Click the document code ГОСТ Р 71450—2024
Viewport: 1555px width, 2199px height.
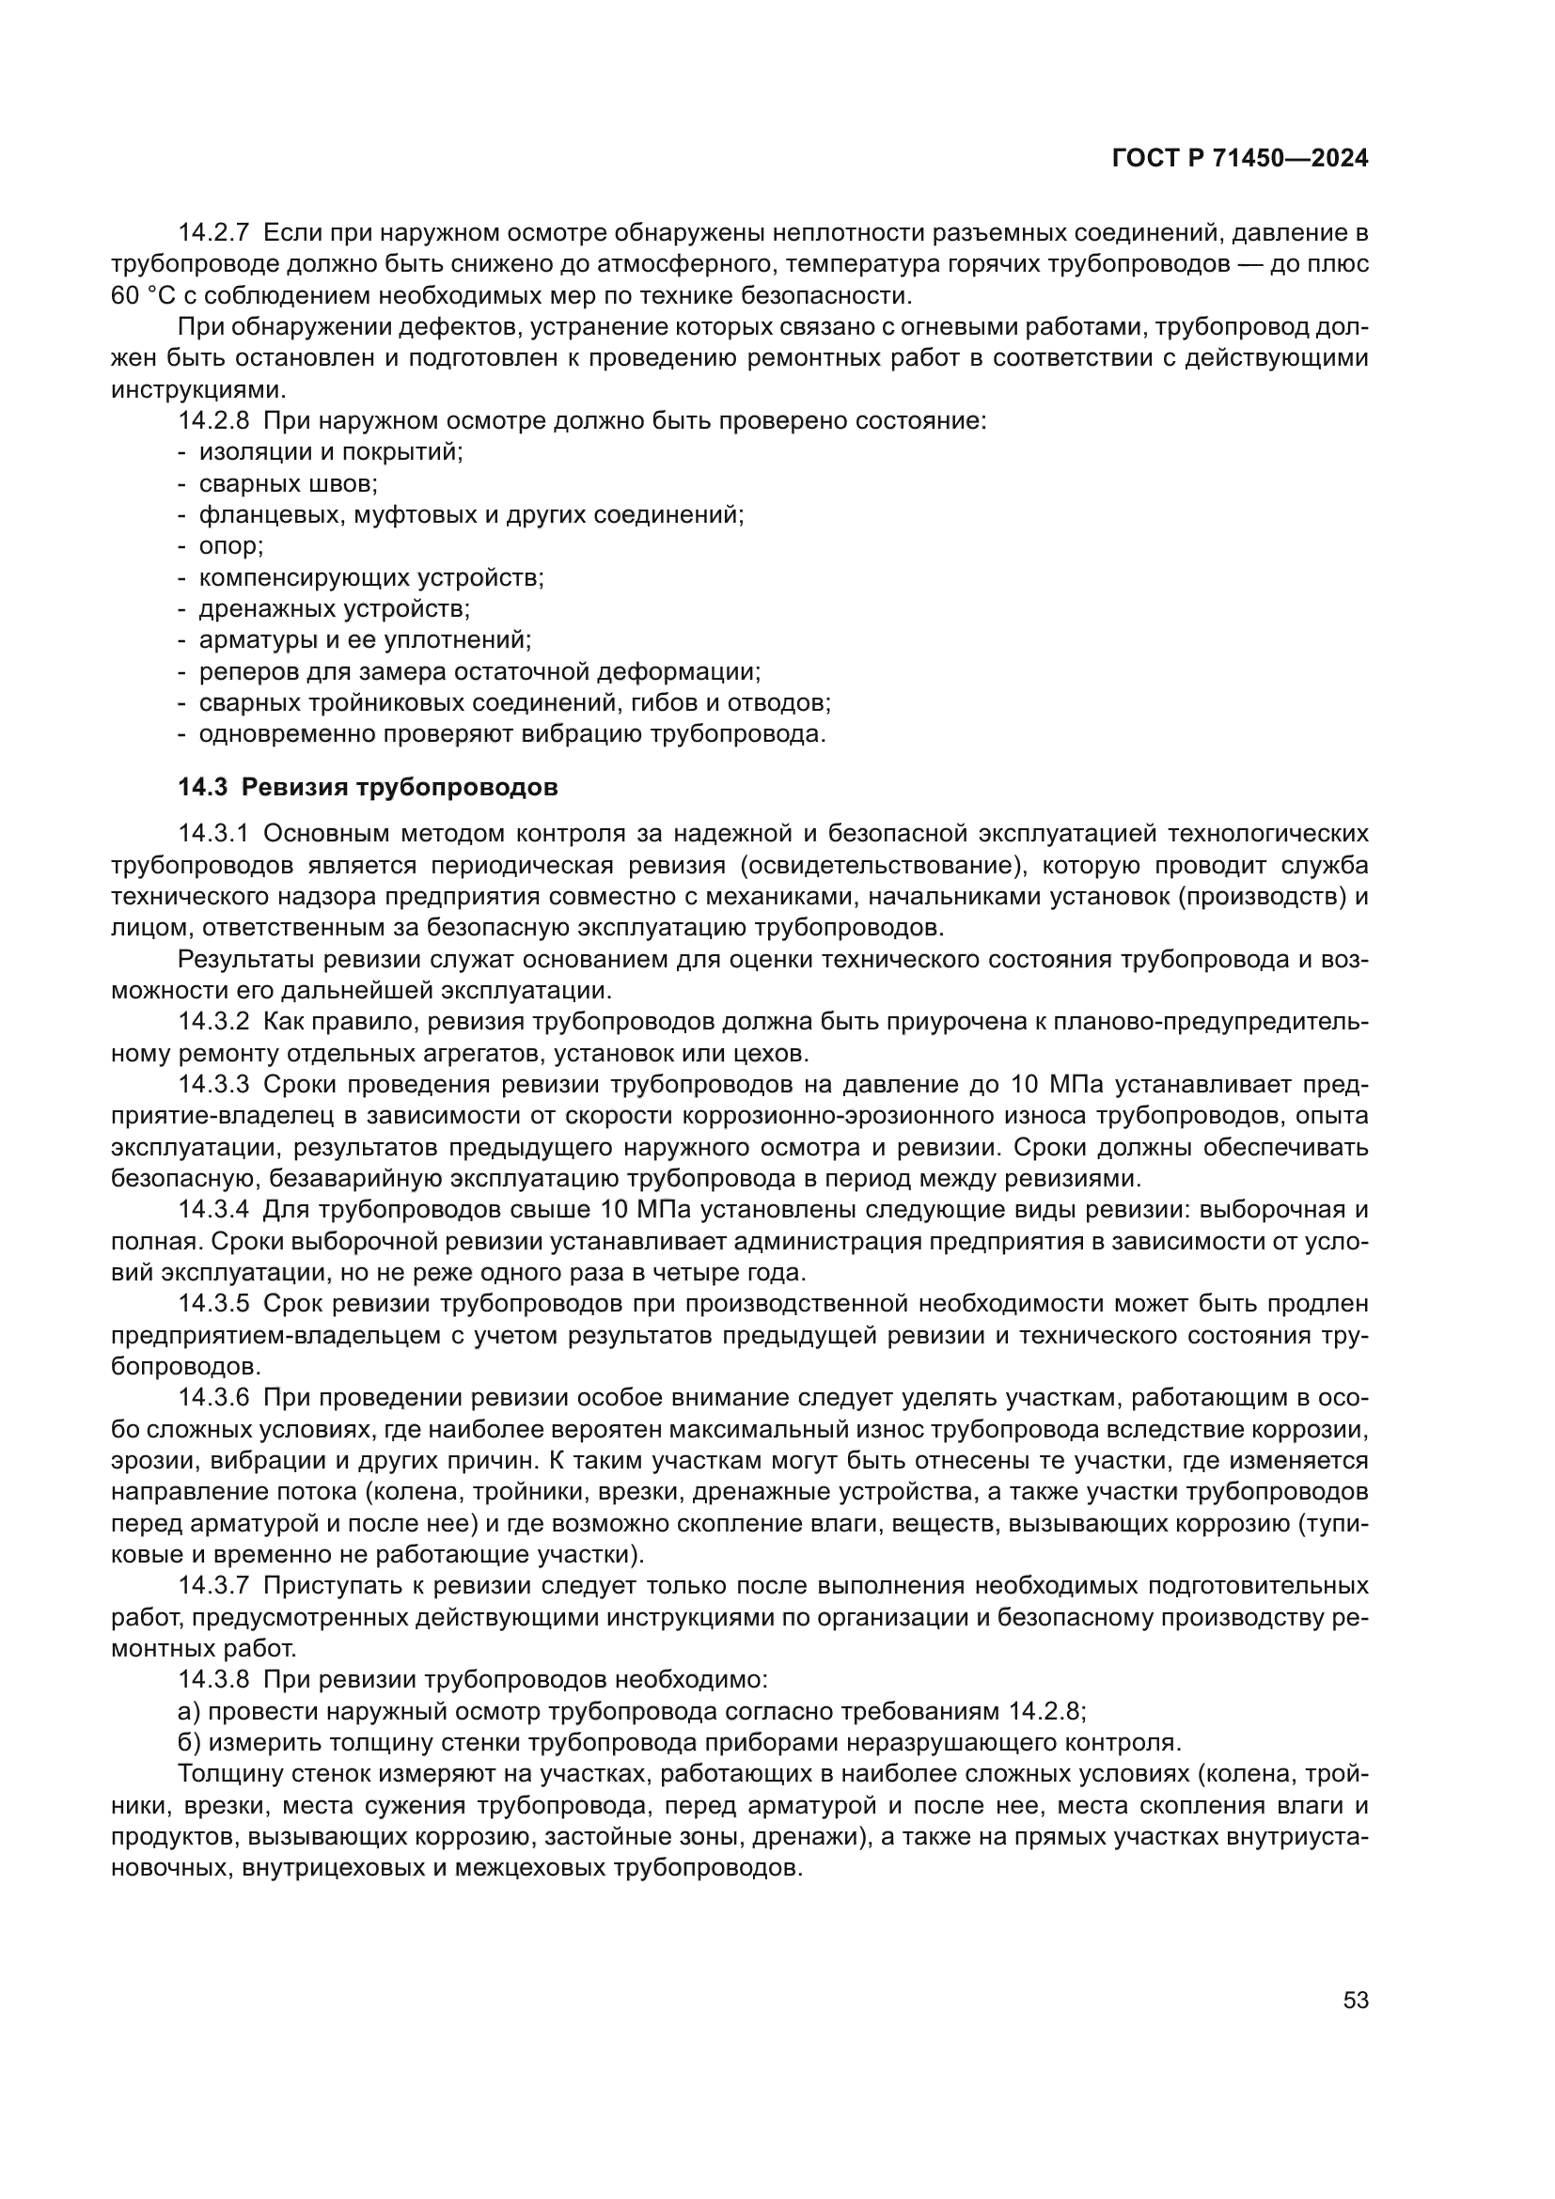point(1239,159)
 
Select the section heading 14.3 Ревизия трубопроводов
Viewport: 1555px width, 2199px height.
point(368,787)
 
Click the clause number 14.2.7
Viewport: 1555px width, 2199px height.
point(213,233)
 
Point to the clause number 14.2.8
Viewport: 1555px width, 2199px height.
point(213,420)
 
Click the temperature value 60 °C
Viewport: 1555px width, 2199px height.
point(139,295)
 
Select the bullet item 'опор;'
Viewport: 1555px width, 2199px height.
point(230,546)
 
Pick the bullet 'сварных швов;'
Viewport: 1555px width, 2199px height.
point(289,483)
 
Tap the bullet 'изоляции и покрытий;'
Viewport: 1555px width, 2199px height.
point(330,452)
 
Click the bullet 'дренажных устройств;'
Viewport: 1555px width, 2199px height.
point(334,608)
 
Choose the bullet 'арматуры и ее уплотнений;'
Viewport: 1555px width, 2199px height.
point(365,640)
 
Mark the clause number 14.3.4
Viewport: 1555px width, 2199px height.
point(213,1210)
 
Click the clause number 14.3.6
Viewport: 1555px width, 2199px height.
point(213,1398)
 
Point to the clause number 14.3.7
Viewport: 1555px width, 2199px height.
point(213,1586)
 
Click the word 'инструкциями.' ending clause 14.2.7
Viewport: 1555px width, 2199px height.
point(197,390)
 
